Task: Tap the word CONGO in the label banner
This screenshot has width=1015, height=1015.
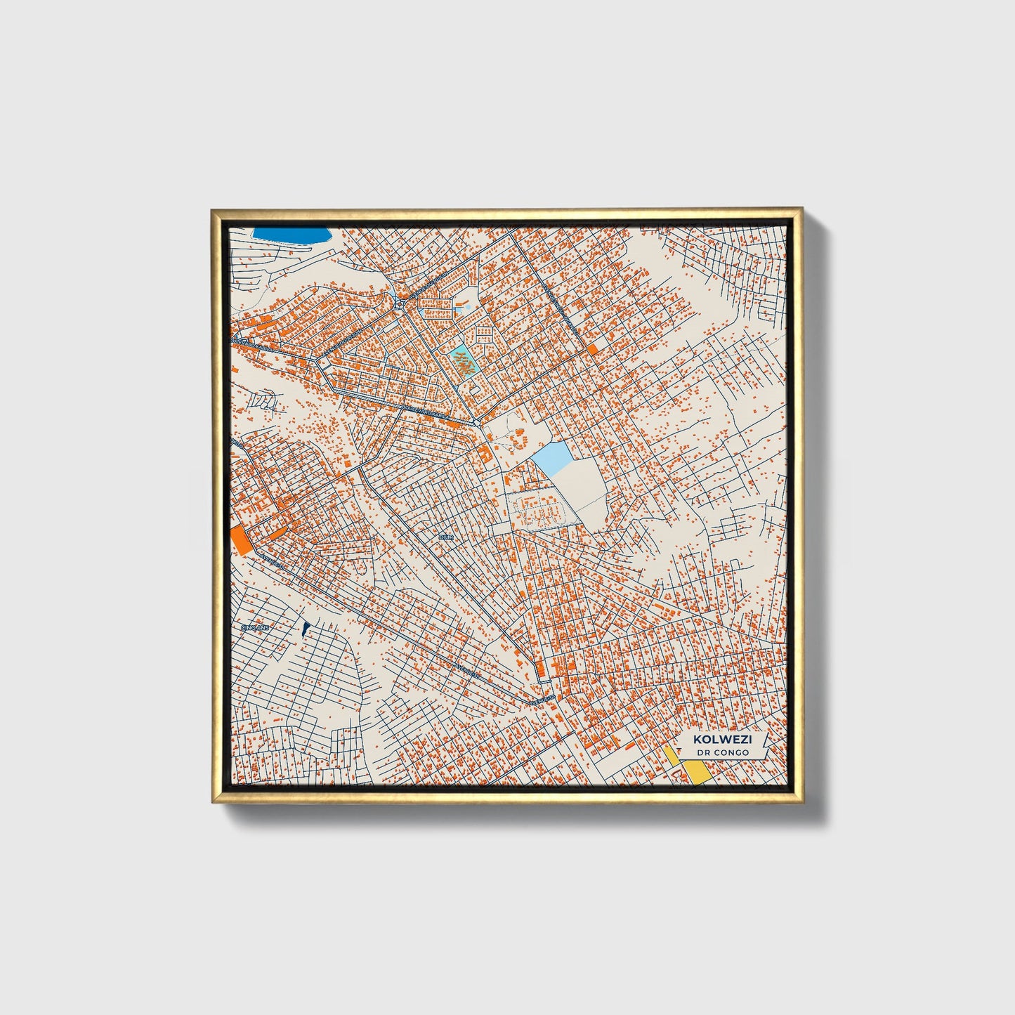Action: [731, 752]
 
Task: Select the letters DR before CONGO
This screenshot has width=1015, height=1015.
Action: [704, 752]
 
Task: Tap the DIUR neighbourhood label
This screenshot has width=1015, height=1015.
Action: [445, 537]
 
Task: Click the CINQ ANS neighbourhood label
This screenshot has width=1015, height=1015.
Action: [254, 627]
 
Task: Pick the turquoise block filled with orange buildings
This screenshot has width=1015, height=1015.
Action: [462, 362]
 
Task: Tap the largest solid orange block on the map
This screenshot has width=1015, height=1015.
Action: [240, 540]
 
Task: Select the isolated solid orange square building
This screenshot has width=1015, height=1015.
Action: [593, 349]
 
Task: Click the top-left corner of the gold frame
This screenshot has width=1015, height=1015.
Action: [211, 209]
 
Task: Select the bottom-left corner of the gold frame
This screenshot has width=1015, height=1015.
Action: [211, 802]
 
